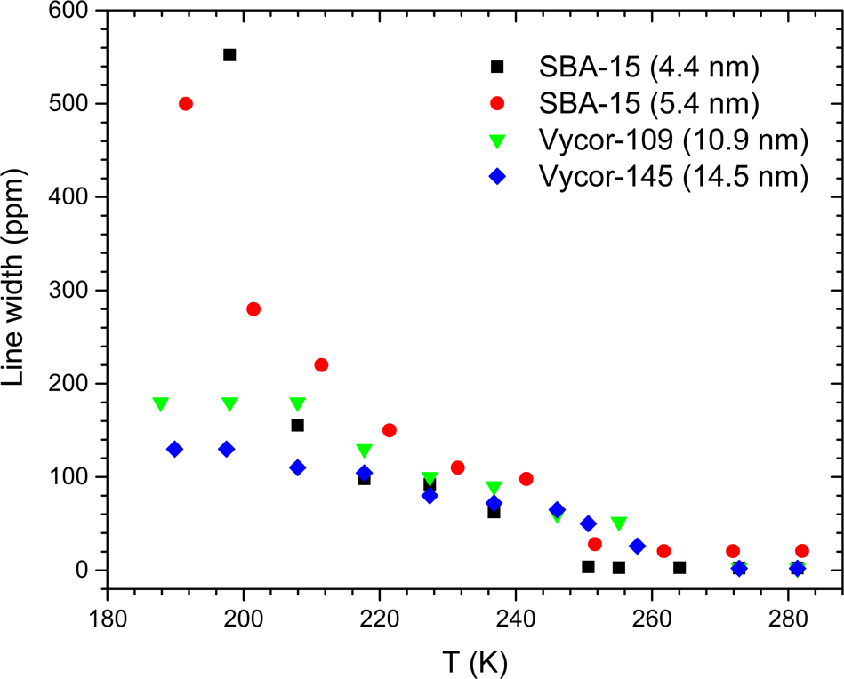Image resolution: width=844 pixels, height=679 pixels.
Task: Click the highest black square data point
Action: point(229,55)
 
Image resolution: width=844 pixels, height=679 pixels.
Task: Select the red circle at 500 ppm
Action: point(186,104)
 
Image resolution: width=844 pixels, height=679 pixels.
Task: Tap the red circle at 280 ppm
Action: point(253,309)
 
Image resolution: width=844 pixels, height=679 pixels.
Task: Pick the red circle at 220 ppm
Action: point(321,365)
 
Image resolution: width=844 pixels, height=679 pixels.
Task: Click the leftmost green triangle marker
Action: point(161,404)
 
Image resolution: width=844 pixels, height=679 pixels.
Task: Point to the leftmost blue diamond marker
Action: point(174,450)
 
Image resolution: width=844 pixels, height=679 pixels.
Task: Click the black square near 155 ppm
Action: point(298,426)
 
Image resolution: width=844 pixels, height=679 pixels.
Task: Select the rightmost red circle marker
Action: point(802,551)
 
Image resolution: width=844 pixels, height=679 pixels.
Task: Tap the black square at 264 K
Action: point(679,568)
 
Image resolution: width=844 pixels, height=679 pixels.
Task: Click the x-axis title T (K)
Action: point(474,659)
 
